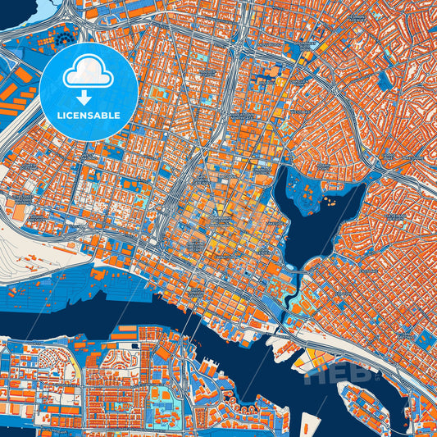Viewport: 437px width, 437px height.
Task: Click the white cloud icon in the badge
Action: (89, 72)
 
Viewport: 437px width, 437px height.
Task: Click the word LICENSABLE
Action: (89, 116)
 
